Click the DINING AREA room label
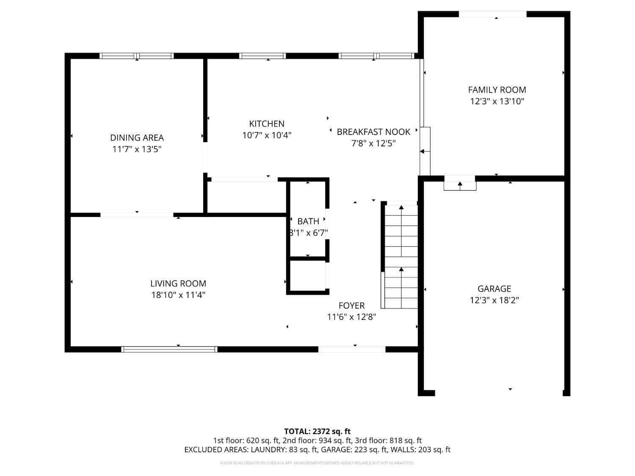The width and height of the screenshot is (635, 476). click(x=137, y=138)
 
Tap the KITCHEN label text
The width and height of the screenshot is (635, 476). click(x=267, y=124)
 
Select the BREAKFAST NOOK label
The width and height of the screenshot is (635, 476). click(x=373, y=132)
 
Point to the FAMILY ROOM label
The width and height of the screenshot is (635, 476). click(x=497, y=90)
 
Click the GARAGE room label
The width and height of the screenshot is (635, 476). click(x=494, y=289)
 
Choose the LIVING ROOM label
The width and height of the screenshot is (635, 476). click(x=178, y=283)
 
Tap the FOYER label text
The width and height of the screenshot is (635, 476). click(x=351, y=305)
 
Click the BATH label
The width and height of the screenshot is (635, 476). click(x=308, y=221)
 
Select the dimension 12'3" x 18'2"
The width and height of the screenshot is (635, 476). click(x=494, y=300)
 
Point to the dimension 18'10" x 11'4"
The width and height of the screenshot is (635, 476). click(x=178, y=295)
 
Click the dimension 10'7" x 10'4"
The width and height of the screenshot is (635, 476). click(x=267, y=135)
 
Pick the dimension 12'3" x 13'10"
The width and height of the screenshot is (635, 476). click(x=497, y=101)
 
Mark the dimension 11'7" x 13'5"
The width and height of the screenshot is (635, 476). click(x=137, y=149)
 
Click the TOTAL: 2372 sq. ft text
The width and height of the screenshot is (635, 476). click(x=317, y=432)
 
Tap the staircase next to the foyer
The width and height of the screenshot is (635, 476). click(x=401, y=256)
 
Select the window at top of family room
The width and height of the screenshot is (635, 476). click(x=492, y=14)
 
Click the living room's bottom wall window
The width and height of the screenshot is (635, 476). click(x=169, y=349)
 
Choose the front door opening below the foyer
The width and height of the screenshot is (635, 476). click(x=352, y=349)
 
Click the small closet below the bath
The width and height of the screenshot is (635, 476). click(x=308, y=275)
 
